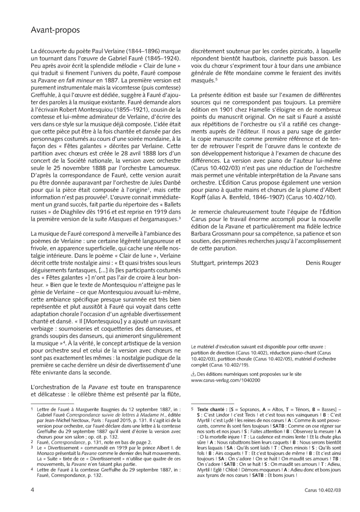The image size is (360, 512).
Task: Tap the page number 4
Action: click(32, 489)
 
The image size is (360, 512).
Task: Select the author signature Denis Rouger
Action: click(323, 263)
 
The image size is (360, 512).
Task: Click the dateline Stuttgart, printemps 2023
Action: click(225, 263)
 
